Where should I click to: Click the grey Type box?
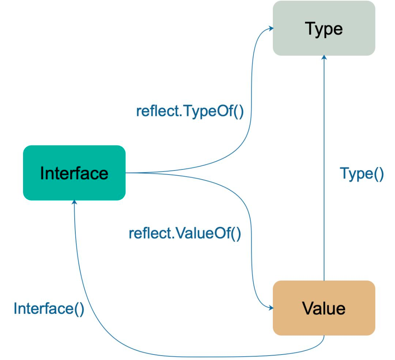[x=324, y=28]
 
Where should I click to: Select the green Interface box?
[x=74, y=173]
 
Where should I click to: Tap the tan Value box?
[x=324, y=308]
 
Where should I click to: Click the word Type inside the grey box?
[x=324, y=30]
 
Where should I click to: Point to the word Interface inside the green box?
[x=74, y=173]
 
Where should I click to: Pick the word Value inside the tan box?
[x=324, y=308]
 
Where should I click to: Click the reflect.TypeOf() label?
[x=190, y=112]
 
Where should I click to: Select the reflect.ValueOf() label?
[x=185, y=233]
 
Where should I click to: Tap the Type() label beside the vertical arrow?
[x=362, y=174]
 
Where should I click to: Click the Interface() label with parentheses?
[x=49, y=309]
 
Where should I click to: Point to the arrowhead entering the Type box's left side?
[x=271, y=28]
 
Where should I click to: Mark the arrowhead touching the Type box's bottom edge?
[x=324, y=57]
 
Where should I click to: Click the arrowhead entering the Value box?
[x=271, y=308]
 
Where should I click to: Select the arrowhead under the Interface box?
[x=74, y=202]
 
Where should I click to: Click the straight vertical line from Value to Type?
[x=324, y=168]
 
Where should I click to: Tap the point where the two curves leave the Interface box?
[x=126, y=173]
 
